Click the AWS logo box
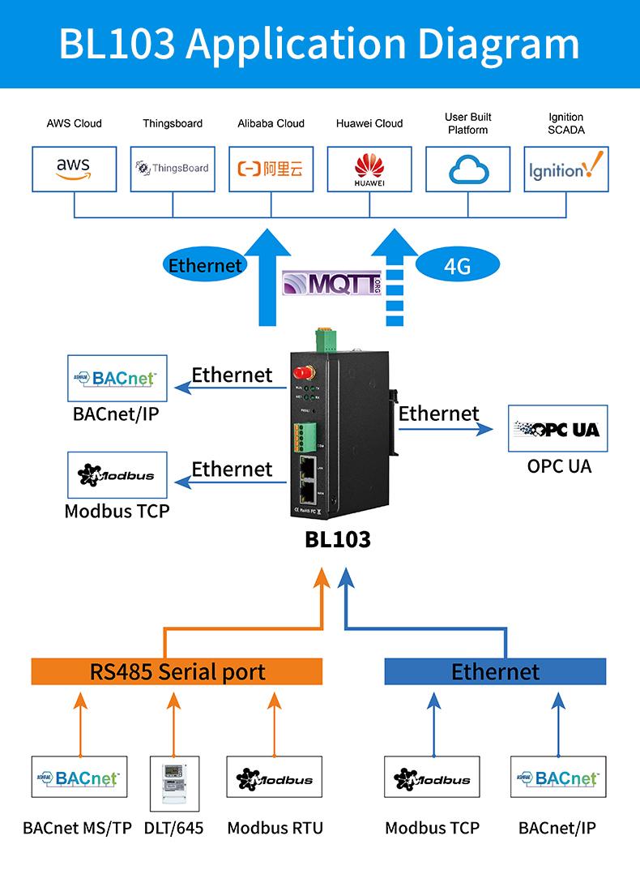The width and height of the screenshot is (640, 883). pyautogui.click(x=74, y=169)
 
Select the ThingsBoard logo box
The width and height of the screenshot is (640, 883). pyautogui.click(x=173, y=169)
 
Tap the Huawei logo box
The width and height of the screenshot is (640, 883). pyautogui.click(x=369, y=169)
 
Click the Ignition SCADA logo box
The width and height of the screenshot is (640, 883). pyautogui.click(x=565, y=169)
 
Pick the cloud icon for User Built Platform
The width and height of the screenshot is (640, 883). pyautogui.click(x=467, y=169)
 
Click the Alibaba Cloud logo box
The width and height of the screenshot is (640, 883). pyautogui.click(x=271, y=169)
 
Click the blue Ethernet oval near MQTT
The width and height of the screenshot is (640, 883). pyautogui.click(x=205, y=265)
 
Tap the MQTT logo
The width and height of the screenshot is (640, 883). pyautogui.click(x=331, y=284)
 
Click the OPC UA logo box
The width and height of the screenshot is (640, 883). pyautogui.click(x=558, y=429)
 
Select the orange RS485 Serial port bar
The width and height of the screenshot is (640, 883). pyautogui.click(x=177, y=671)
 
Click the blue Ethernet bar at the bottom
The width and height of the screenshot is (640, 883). pyautogui.click(x=494, y=671)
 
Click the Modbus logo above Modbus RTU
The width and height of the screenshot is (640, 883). pyautogui.click(x=274, y=779)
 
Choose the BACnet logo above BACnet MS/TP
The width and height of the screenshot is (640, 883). pyautogui.click(x=79, y=779)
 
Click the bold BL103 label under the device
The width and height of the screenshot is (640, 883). pyautogui.click(x=338, y=539)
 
